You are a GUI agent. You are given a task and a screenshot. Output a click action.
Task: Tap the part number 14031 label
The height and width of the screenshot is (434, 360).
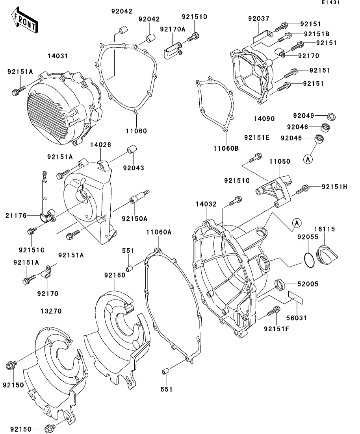click(59, 57)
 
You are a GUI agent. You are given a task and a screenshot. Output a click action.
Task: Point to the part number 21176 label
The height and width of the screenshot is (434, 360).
click(16, 215)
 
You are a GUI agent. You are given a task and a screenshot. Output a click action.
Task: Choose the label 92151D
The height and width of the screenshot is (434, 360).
click(194, 17)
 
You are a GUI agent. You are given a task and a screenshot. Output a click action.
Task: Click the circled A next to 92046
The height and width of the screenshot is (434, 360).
click(308, 159)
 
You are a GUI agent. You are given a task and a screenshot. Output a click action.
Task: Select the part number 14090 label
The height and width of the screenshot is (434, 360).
click(265, 118)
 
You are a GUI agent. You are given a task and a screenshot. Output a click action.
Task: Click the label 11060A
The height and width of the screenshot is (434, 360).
click(159, 232)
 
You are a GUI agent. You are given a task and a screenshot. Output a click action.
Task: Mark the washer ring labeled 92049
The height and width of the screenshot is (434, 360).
click(332, 116)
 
